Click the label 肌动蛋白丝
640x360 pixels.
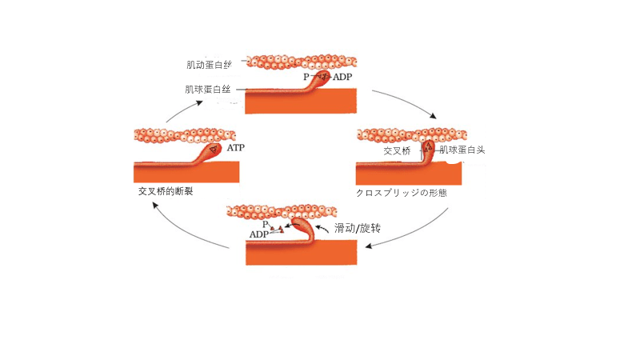tap(209, 64)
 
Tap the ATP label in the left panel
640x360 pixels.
tap(236, 149)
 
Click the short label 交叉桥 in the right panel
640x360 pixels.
tap(397, 150)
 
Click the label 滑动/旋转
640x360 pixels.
tap(357, 228)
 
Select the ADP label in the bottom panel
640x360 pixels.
tap(259, 234)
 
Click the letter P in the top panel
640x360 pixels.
tap(306, 77)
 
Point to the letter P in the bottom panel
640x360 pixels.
tap(266, 226)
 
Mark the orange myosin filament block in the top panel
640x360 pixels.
tap(300, 100)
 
